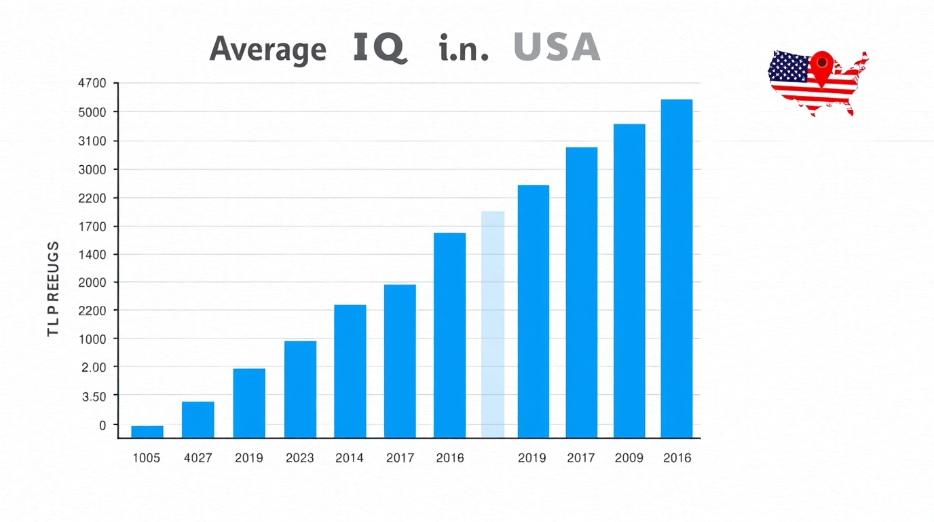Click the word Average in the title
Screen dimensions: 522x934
point(267,50)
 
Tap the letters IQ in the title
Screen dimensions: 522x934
point(380,48)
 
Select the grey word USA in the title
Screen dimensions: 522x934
point(557,48)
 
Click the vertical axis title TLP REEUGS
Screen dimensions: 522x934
point(54,289)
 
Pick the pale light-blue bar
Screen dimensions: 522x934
point(493,324)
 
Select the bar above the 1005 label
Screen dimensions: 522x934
point(147,431)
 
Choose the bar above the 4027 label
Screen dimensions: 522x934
point(198,419)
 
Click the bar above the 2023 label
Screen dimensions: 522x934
point(300,389)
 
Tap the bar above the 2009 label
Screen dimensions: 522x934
point(629,280)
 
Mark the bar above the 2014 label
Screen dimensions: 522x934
point(350,370)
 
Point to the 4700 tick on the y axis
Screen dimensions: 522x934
point(93,84)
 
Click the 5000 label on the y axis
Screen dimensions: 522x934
point(93,112)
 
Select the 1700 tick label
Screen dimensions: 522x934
point(93,226)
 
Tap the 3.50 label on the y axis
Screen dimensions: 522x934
point(94,396)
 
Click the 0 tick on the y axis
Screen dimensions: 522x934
point(102,425)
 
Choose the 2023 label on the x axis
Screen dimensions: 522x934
point(299,458)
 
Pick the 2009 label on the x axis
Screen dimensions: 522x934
point(629,458)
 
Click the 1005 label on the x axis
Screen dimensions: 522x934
point(146,458)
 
